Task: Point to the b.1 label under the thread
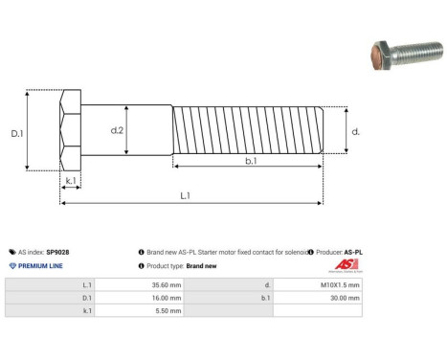(250, 162)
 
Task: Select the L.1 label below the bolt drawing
(185, 196)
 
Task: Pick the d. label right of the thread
(355, 131)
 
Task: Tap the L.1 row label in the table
(87, 284)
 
